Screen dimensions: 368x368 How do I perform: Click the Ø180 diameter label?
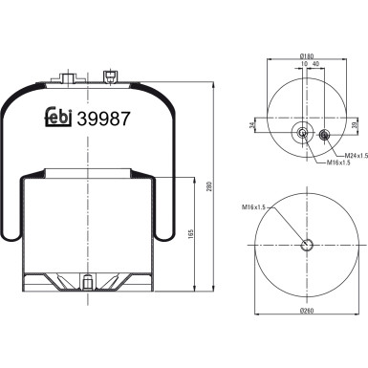pos(305,56)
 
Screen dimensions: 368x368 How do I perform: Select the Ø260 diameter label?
pos(306,313)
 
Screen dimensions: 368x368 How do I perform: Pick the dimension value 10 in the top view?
pos(301,65)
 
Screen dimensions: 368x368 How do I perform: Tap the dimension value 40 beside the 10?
pos(315,65)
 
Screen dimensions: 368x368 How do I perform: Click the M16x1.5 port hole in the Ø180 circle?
pos(304,134)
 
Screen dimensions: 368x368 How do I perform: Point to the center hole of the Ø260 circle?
pos(306,245)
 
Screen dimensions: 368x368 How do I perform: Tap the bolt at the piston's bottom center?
pos(88,281)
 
